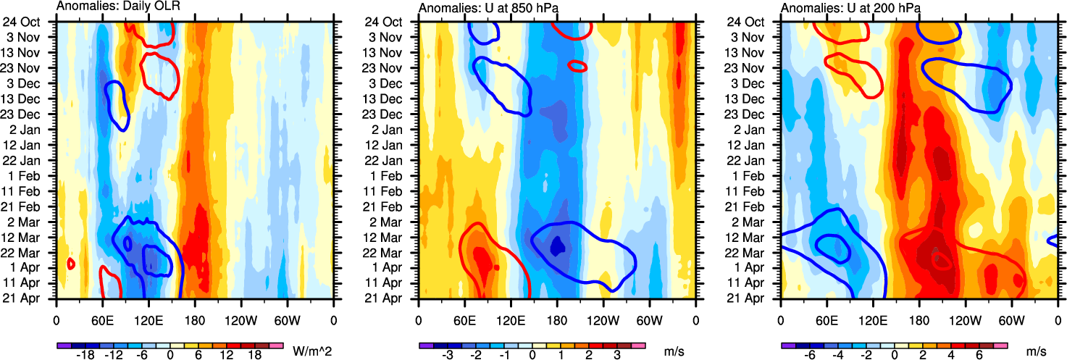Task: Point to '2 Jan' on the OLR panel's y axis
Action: point(35,129)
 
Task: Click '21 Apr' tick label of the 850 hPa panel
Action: point(398,298)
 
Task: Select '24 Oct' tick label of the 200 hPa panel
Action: point(760,22)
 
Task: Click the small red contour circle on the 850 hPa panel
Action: point(577,66)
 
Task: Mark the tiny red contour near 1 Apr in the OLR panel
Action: point(71,264)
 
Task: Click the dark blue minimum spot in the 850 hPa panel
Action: point(557,246)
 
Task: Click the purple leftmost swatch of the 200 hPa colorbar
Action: point(787,346)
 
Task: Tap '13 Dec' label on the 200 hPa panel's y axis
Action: point(760,99)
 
